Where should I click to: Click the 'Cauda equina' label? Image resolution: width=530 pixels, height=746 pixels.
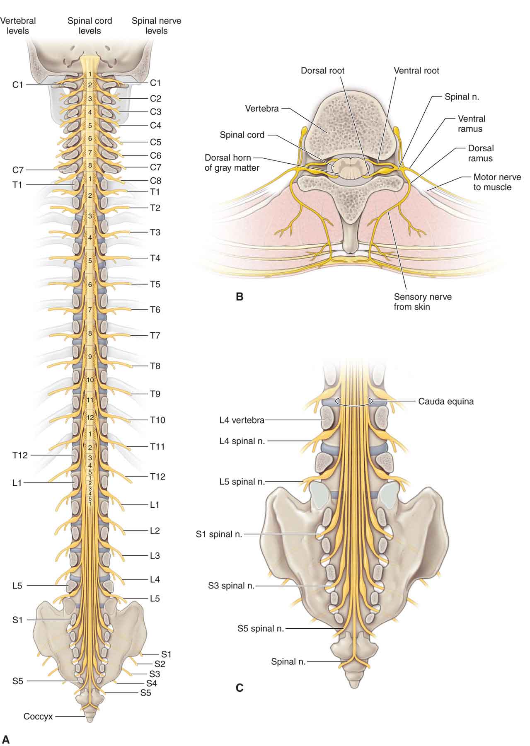click(x=445, y=401)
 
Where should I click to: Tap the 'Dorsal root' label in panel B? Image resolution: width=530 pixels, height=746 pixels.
click(x=322, y=70)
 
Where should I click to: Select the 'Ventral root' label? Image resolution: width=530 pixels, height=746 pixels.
click(x=416, y=70)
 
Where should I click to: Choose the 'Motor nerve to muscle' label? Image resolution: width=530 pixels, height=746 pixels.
click(x=497, y=182)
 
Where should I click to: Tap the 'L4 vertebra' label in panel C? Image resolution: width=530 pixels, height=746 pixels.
click(x=242, y=420)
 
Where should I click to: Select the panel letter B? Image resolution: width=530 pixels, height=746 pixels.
click(x=239, y=297)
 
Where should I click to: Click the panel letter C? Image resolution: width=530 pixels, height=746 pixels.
click(x=239, y=688)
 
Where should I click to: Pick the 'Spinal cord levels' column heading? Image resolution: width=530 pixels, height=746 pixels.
click(x=90, y=26)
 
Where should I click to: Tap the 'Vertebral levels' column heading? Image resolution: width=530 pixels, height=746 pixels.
click(x=18, y=26)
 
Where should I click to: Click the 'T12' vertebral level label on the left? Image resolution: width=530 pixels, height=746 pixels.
click(x=19, y=455)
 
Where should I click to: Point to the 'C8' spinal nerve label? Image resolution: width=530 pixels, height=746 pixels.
click(x=155, y=181)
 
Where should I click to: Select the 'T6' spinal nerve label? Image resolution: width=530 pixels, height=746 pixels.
click(x=155, y=310)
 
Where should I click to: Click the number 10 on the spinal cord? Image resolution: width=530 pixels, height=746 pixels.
click(x=90, y=380)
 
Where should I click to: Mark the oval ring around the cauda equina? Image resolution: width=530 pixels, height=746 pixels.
click(x=353, y=402)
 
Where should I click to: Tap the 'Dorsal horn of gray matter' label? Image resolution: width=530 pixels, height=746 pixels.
click(x=232, y=163)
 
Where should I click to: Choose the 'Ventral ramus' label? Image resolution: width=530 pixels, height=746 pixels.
click(x=471, y=124)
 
